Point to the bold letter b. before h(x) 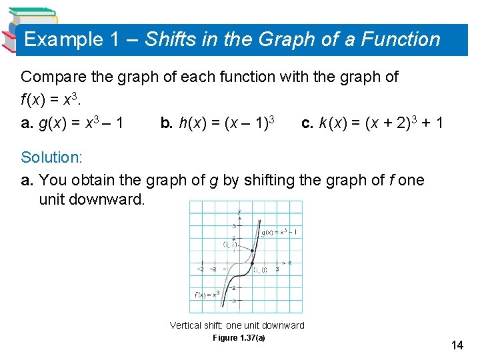(x=167, y=123)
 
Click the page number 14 (x=457, y=345)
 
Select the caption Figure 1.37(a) (x=239, y=338)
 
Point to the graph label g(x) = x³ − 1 (x=279, y=233)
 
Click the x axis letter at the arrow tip (x=289, y=263)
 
